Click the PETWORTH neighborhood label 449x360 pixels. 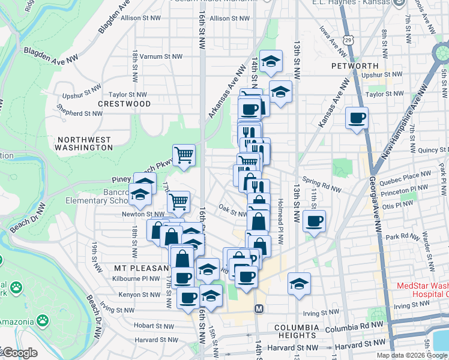tap(354, 66)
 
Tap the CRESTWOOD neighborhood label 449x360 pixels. tap(125, 104)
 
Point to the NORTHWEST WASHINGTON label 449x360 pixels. tap(83, 143)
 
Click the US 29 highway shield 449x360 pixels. tap(348, 40)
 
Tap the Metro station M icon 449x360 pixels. tap(259, 308)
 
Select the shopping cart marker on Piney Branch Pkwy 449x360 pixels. tap(184, 155)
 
